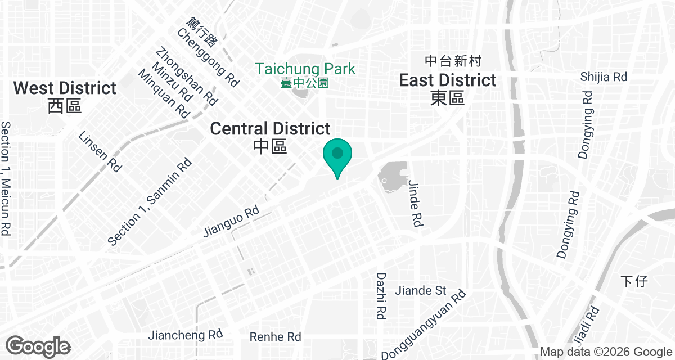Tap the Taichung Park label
coord(305,69)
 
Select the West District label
coord(65,88)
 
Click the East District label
coord(448,80)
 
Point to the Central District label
coord(270,129)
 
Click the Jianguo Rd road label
coord(231,220)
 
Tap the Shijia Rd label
coord(604,76)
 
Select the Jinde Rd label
coord(415,202)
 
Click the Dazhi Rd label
coord(381,296)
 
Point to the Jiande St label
coord(421,291)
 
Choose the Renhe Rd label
coord(276,337)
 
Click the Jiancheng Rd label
coord(186,335)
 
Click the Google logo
coord(38,346)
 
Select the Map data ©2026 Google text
coord(605,352)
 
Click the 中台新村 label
coord(453,61)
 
